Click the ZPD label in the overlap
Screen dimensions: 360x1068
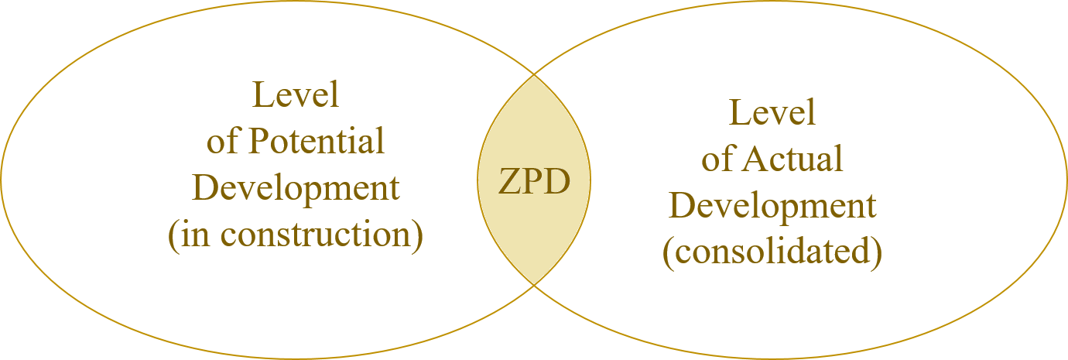(534, 183)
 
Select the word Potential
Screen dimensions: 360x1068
(317, 142)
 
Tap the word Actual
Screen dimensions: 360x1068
(793, 160)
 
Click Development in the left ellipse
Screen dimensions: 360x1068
(296, 189)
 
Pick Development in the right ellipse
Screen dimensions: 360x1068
(772, 207)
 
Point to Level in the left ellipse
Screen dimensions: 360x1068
(296, 95)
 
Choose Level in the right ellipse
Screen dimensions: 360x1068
(772, 113)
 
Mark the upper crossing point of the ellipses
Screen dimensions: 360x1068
(534, 75)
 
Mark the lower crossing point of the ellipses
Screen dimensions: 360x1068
(534, 285)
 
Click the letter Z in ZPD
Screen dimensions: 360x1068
(508, 183)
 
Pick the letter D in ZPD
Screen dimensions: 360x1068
(559, 183)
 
